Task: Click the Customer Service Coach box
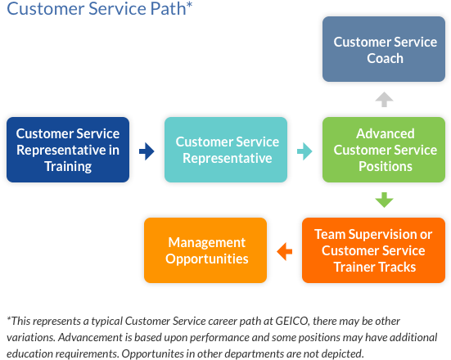[x=385, y=49]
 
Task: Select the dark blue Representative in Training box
[x=68, y=150]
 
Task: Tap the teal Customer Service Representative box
[x=227, y=150]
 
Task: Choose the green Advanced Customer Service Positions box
[x=385, y=150]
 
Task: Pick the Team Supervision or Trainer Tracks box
[x=385, y=250]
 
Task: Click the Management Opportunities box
[x=206, y=250]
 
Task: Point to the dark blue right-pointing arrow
[x=147, y=151]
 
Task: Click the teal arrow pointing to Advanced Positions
[x=304, y=151]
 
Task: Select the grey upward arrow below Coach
[x=384, y=99]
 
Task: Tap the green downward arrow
[x=384, y=200]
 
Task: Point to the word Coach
[x=385, y=58]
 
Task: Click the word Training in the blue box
[x=68, y=166]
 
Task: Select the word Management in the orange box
[x=206, y=242]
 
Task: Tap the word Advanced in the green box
[x=385, y=133]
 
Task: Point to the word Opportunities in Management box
[x=206, y=259]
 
